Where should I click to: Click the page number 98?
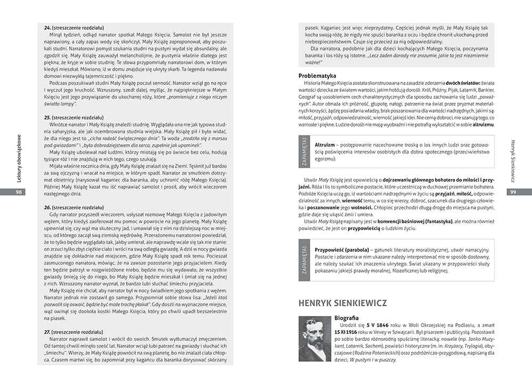pyautogui.click(x=19, y=192)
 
